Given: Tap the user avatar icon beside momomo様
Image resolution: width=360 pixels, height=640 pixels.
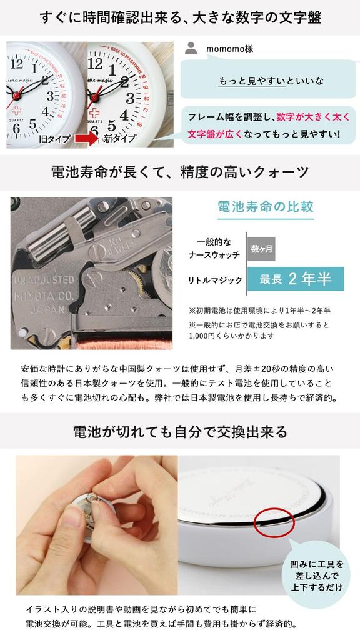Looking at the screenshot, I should coord(192,48).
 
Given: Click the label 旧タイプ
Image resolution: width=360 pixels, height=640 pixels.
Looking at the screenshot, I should coord(56,139).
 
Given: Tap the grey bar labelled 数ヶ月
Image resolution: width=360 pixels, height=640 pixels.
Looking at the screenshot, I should coord(261,248).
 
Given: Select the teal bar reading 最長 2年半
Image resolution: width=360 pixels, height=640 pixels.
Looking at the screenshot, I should coord(296,279).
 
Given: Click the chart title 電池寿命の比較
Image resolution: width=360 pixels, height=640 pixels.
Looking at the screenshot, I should coord(266,207).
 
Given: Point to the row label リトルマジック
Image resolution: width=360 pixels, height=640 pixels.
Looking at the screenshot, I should coord(215,280).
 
